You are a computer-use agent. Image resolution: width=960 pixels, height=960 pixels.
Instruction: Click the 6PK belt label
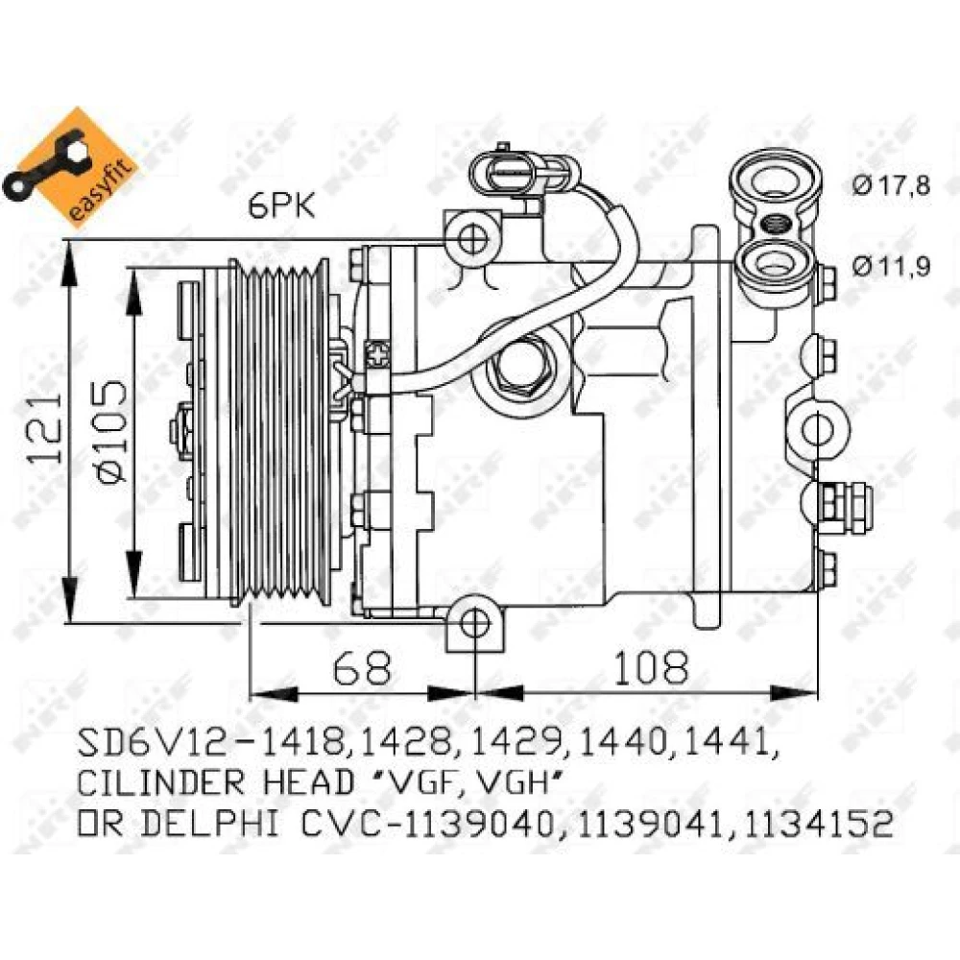click(281, 206)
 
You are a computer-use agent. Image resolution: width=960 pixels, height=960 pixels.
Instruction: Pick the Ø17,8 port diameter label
click(892, 185)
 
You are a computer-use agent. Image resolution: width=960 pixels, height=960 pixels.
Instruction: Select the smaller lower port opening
click(777, 263)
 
